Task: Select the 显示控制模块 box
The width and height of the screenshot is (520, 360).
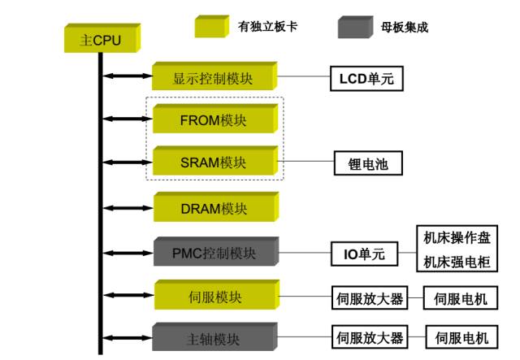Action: click(x=214, y=80)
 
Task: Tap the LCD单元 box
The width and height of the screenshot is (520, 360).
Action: click(x=366, y=80)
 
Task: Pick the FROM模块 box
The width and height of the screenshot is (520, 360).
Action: click(x=214, y=120)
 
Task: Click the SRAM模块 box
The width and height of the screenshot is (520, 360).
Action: click(x=214, y=163)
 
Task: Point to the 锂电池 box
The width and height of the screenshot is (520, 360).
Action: click(x=369, y=163)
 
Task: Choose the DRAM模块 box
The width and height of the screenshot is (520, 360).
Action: click(x=214, y=209)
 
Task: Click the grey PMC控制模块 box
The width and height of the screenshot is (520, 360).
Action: click(x=214, y=253)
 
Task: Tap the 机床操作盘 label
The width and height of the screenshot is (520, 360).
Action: click(x=456, y=239)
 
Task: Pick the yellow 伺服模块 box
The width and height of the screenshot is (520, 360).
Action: click(x=214, y=297)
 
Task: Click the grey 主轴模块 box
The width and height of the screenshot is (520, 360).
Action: click(x=214, y=338)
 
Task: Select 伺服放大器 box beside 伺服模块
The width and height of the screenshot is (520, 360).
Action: click(x=370, y=298)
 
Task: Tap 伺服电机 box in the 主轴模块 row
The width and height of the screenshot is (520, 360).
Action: click(x=461, y=338)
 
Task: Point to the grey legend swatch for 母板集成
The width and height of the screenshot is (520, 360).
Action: click(x=353, y=26)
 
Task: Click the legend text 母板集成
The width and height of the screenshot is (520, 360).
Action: click(x=404, y=27)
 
